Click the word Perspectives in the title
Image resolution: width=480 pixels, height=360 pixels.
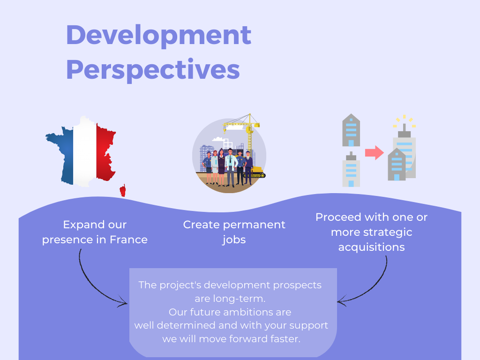coord(153,70)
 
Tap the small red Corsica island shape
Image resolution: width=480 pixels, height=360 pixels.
coord(123,190)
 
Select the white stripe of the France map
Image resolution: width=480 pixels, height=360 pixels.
coord(85,152)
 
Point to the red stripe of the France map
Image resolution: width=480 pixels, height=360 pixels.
coord(105,152)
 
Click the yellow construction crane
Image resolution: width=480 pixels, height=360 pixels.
coord(245,132)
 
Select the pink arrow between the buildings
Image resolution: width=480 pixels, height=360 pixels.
coord(374,152)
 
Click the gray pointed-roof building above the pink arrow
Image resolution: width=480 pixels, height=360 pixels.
coord(351,130)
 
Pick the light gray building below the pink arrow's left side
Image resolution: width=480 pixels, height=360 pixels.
coord(351,169)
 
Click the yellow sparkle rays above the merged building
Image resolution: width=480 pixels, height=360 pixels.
coord(405,121)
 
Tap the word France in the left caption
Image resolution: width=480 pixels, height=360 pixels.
coord(128,240)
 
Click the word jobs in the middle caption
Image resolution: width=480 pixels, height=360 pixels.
coord(234,240)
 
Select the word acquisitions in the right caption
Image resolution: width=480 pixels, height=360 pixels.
coord(371,247)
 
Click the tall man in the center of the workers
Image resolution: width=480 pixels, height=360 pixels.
coord(231,167)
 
